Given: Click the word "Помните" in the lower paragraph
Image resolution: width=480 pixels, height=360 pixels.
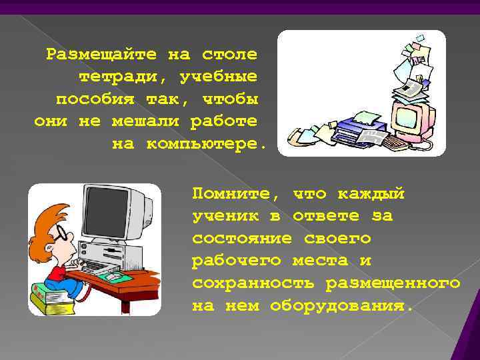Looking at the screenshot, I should (x=235, y=193).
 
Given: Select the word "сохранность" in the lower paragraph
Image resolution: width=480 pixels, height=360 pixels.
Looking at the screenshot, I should (x=254, y=283).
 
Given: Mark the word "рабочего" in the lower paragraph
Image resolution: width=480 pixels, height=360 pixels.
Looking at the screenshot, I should (x=235, y=261).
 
